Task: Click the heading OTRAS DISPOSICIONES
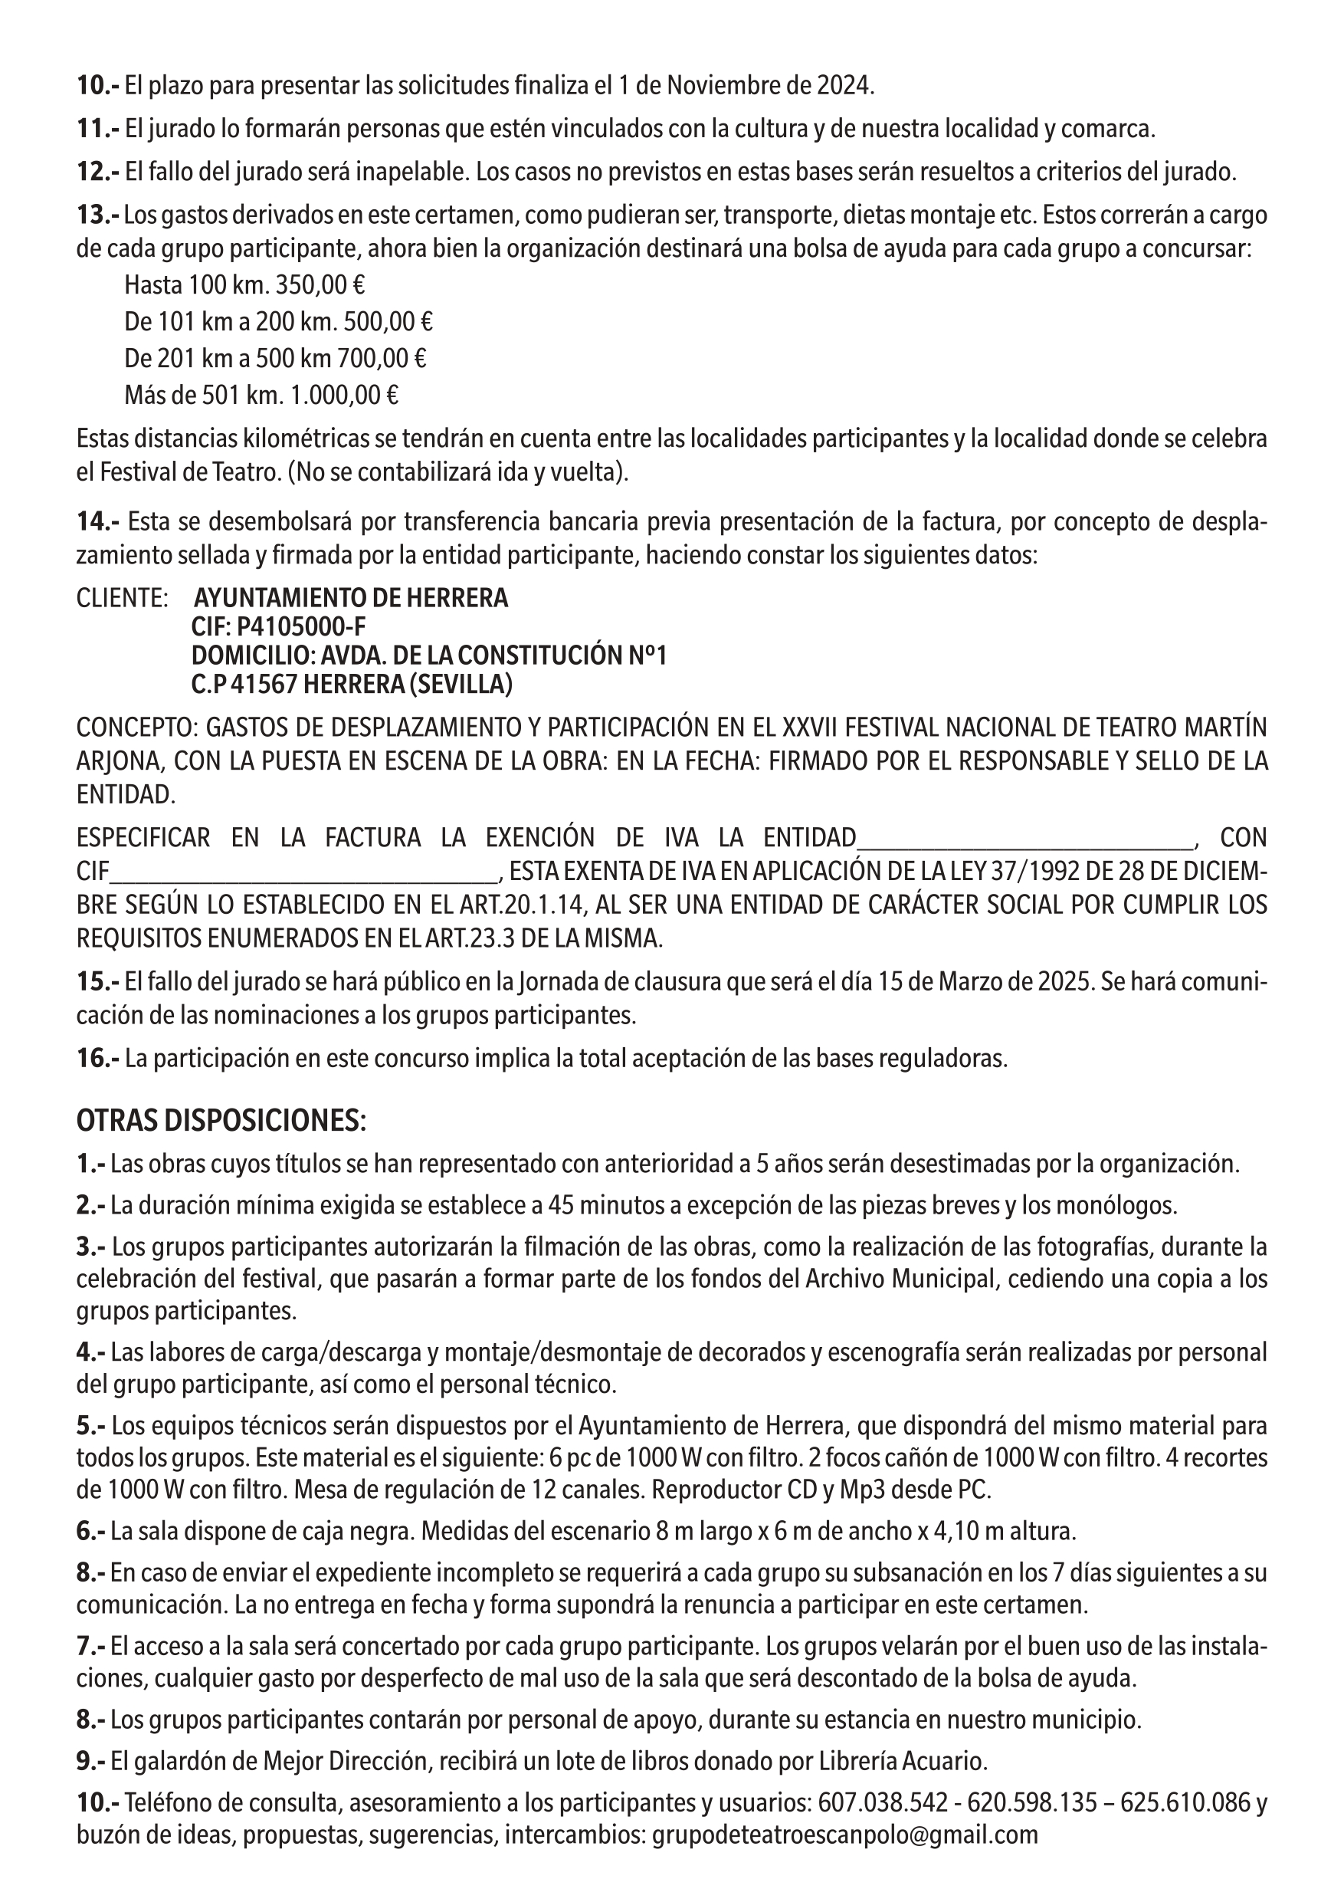[221, 1121]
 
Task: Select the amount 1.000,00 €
[343, 395]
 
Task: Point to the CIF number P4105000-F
[301, 627]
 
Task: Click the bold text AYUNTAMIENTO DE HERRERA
[351, 598]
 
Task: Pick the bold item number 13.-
[98, 215]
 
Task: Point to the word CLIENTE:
[123, 598]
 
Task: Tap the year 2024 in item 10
[844, 85]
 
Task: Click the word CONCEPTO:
[136, 728]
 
